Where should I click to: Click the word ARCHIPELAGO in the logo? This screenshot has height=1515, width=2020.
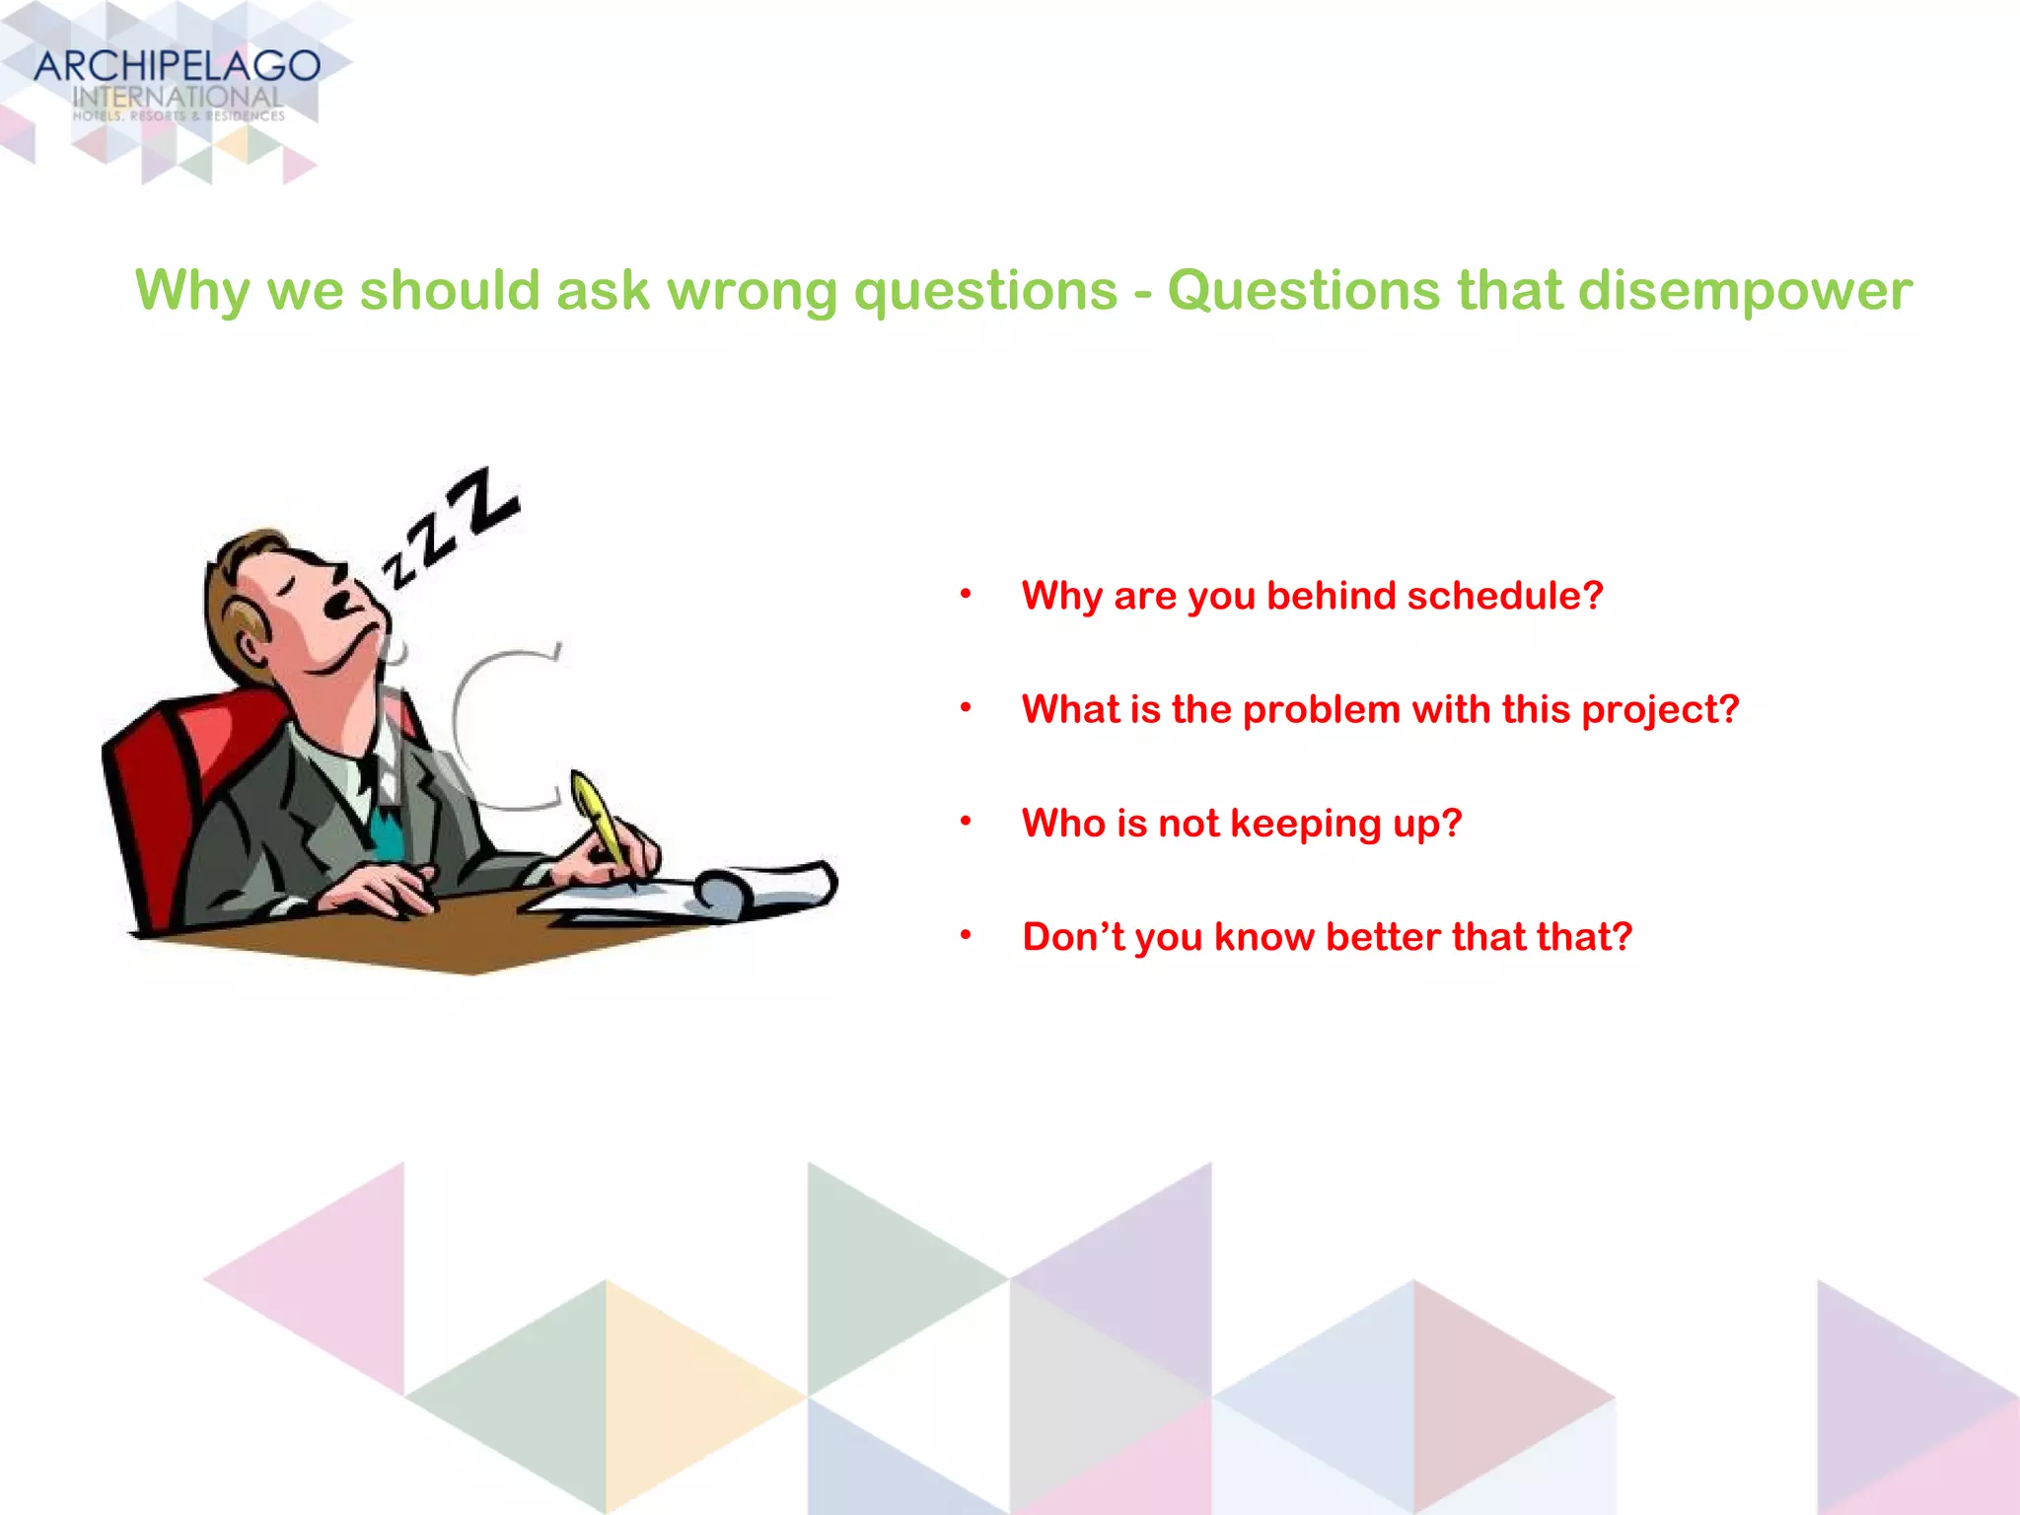click(x=178, y=66)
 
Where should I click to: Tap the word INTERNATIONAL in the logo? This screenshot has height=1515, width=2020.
click(x=178, y=98)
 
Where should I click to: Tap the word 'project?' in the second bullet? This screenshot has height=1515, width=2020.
click(x=1660, y=710)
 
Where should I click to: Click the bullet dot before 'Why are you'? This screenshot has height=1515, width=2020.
click(x=967, y=594)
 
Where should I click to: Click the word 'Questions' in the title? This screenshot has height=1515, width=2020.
click(x=1303, y=291)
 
